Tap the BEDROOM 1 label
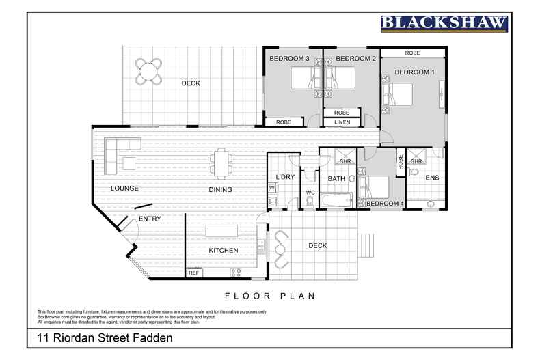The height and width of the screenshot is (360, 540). click(x=414, y=72)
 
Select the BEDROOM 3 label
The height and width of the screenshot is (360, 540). click(x=289, y=59)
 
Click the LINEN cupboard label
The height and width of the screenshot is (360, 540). click(x=342, y=122)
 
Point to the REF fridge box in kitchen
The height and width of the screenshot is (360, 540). click(x=194, y=273)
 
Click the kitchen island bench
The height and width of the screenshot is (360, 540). click(x=223, y=229)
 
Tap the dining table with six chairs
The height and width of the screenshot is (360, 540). click(x=221, y=163)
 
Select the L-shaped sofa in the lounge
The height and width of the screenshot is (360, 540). click(x=120, y=146)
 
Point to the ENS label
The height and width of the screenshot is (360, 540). click(x=432, y=178)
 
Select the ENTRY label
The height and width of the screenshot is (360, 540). click(x=149, y=219)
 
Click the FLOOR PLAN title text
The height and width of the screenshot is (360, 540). click(x=269, y=296)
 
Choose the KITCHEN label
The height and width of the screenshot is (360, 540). click(x=223, y=250)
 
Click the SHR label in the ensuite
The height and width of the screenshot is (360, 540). click(x=416, y=161)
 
